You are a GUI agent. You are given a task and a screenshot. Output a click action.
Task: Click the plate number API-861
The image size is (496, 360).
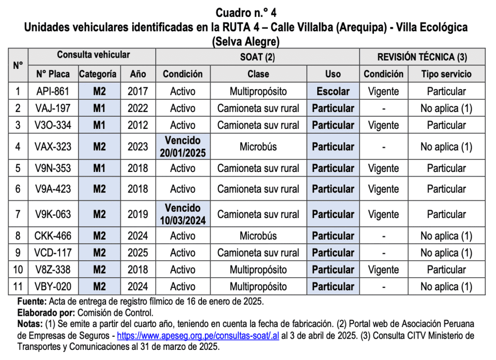point(53,91)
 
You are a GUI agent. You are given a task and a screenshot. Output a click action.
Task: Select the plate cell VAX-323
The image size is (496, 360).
point(53,146)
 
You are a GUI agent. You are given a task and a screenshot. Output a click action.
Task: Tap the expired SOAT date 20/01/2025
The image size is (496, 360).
point(182,153)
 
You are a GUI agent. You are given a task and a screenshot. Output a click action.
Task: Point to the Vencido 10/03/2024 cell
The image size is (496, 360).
point(182,214)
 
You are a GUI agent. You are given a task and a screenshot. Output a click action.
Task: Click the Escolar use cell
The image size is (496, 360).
point(333,91)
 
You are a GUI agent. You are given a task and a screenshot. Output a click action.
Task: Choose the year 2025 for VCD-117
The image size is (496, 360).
point(138,253)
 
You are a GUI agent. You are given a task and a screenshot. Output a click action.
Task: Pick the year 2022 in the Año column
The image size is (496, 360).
point(138,108)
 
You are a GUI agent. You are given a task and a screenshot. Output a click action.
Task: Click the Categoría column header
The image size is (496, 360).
point(98,74)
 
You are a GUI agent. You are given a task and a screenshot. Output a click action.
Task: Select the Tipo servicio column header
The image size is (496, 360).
point(446,74)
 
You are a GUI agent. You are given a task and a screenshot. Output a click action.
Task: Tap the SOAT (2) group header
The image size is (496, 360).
point(257,57)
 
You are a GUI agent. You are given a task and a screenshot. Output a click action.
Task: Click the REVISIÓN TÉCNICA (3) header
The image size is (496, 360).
point(422,57)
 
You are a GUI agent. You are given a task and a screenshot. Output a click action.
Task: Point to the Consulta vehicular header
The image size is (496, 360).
point(93,55)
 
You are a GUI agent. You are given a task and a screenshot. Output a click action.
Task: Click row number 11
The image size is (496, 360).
point(18,287)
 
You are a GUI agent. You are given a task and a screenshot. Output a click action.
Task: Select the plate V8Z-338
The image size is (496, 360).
point(53,270)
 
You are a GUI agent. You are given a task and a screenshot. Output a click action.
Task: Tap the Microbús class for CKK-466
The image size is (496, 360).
point(258,236)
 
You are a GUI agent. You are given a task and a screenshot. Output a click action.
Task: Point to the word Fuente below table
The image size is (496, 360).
point(31,302)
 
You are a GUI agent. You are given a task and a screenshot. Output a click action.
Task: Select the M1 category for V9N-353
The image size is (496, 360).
point(99,168)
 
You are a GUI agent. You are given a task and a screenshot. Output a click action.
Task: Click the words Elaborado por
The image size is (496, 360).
point(45,313)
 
